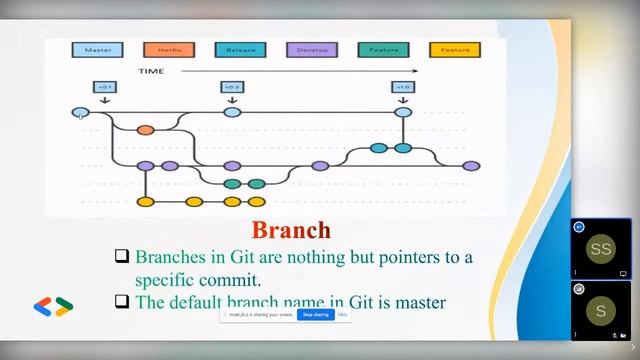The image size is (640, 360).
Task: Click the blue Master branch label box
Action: tap(98, 49)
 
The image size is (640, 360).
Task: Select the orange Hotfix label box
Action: tap(169, 49)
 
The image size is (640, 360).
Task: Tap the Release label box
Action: tap(240, 49)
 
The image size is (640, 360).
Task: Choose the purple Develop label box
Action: tap(312, 49)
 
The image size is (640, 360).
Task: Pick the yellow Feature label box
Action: tap(454, 49)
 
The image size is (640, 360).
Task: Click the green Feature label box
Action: tap(383, 49)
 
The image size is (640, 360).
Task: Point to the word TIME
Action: tap(151, 71)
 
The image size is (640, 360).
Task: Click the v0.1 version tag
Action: tap(105, 87)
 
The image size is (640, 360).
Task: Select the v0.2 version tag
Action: tap(232, 87)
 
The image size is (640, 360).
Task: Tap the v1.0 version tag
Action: tap(403, 87)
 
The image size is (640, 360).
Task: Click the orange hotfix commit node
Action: tap(145, 129)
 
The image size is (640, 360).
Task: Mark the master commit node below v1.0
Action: tap(403, 112)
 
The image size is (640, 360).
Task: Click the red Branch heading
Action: tap(291, 231)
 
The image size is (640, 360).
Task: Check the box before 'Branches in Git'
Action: tap(122, 257)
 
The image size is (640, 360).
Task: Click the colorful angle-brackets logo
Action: tap(53, 307)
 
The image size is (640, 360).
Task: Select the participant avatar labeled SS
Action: tap(600, 249)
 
